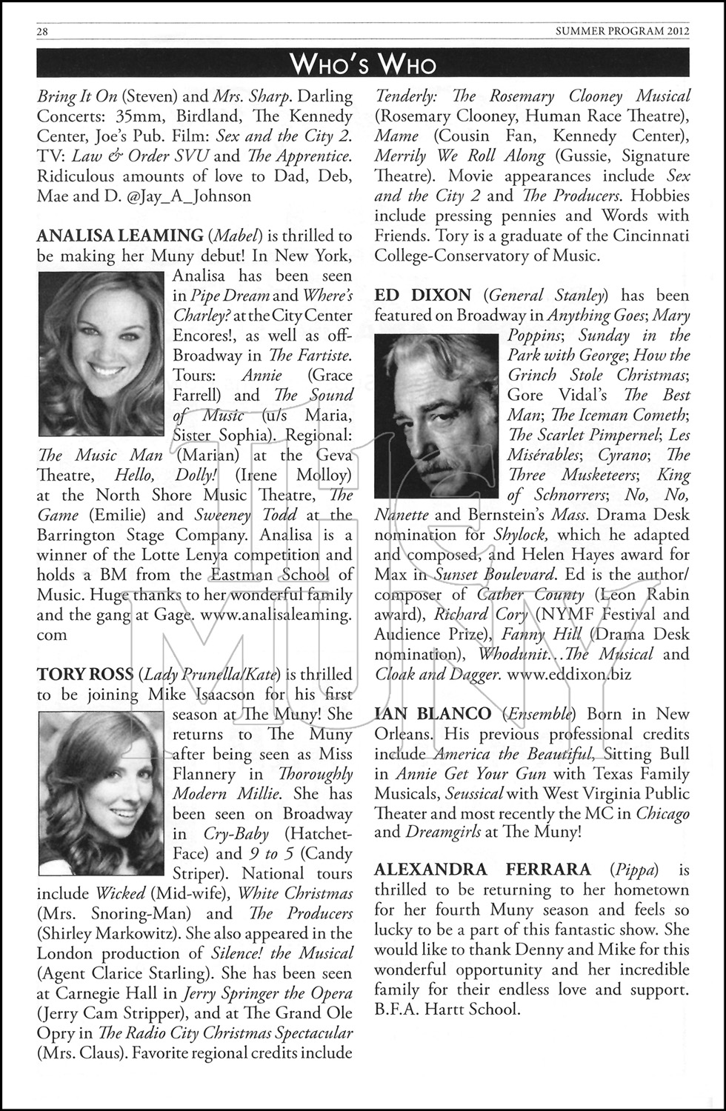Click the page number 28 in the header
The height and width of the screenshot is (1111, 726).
click(42, 31)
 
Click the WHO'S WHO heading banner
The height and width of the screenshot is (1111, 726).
click(363, 64)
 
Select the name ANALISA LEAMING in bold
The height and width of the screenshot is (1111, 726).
click(120, 236)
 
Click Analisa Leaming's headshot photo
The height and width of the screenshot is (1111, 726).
click(101, 354)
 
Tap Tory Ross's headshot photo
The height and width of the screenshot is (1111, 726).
click(101, 793)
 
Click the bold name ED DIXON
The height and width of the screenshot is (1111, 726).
click(424, 296)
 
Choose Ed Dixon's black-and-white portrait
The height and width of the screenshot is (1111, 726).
click(437, 416)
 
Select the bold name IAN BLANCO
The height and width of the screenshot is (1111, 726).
click(433, 715)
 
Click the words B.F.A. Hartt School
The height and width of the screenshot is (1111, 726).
click(447, 1010)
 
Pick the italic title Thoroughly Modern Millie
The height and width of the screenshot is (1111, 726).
click(263, 784)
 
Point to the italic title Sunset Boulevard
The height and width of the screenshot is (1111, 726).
click(494, 575)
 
